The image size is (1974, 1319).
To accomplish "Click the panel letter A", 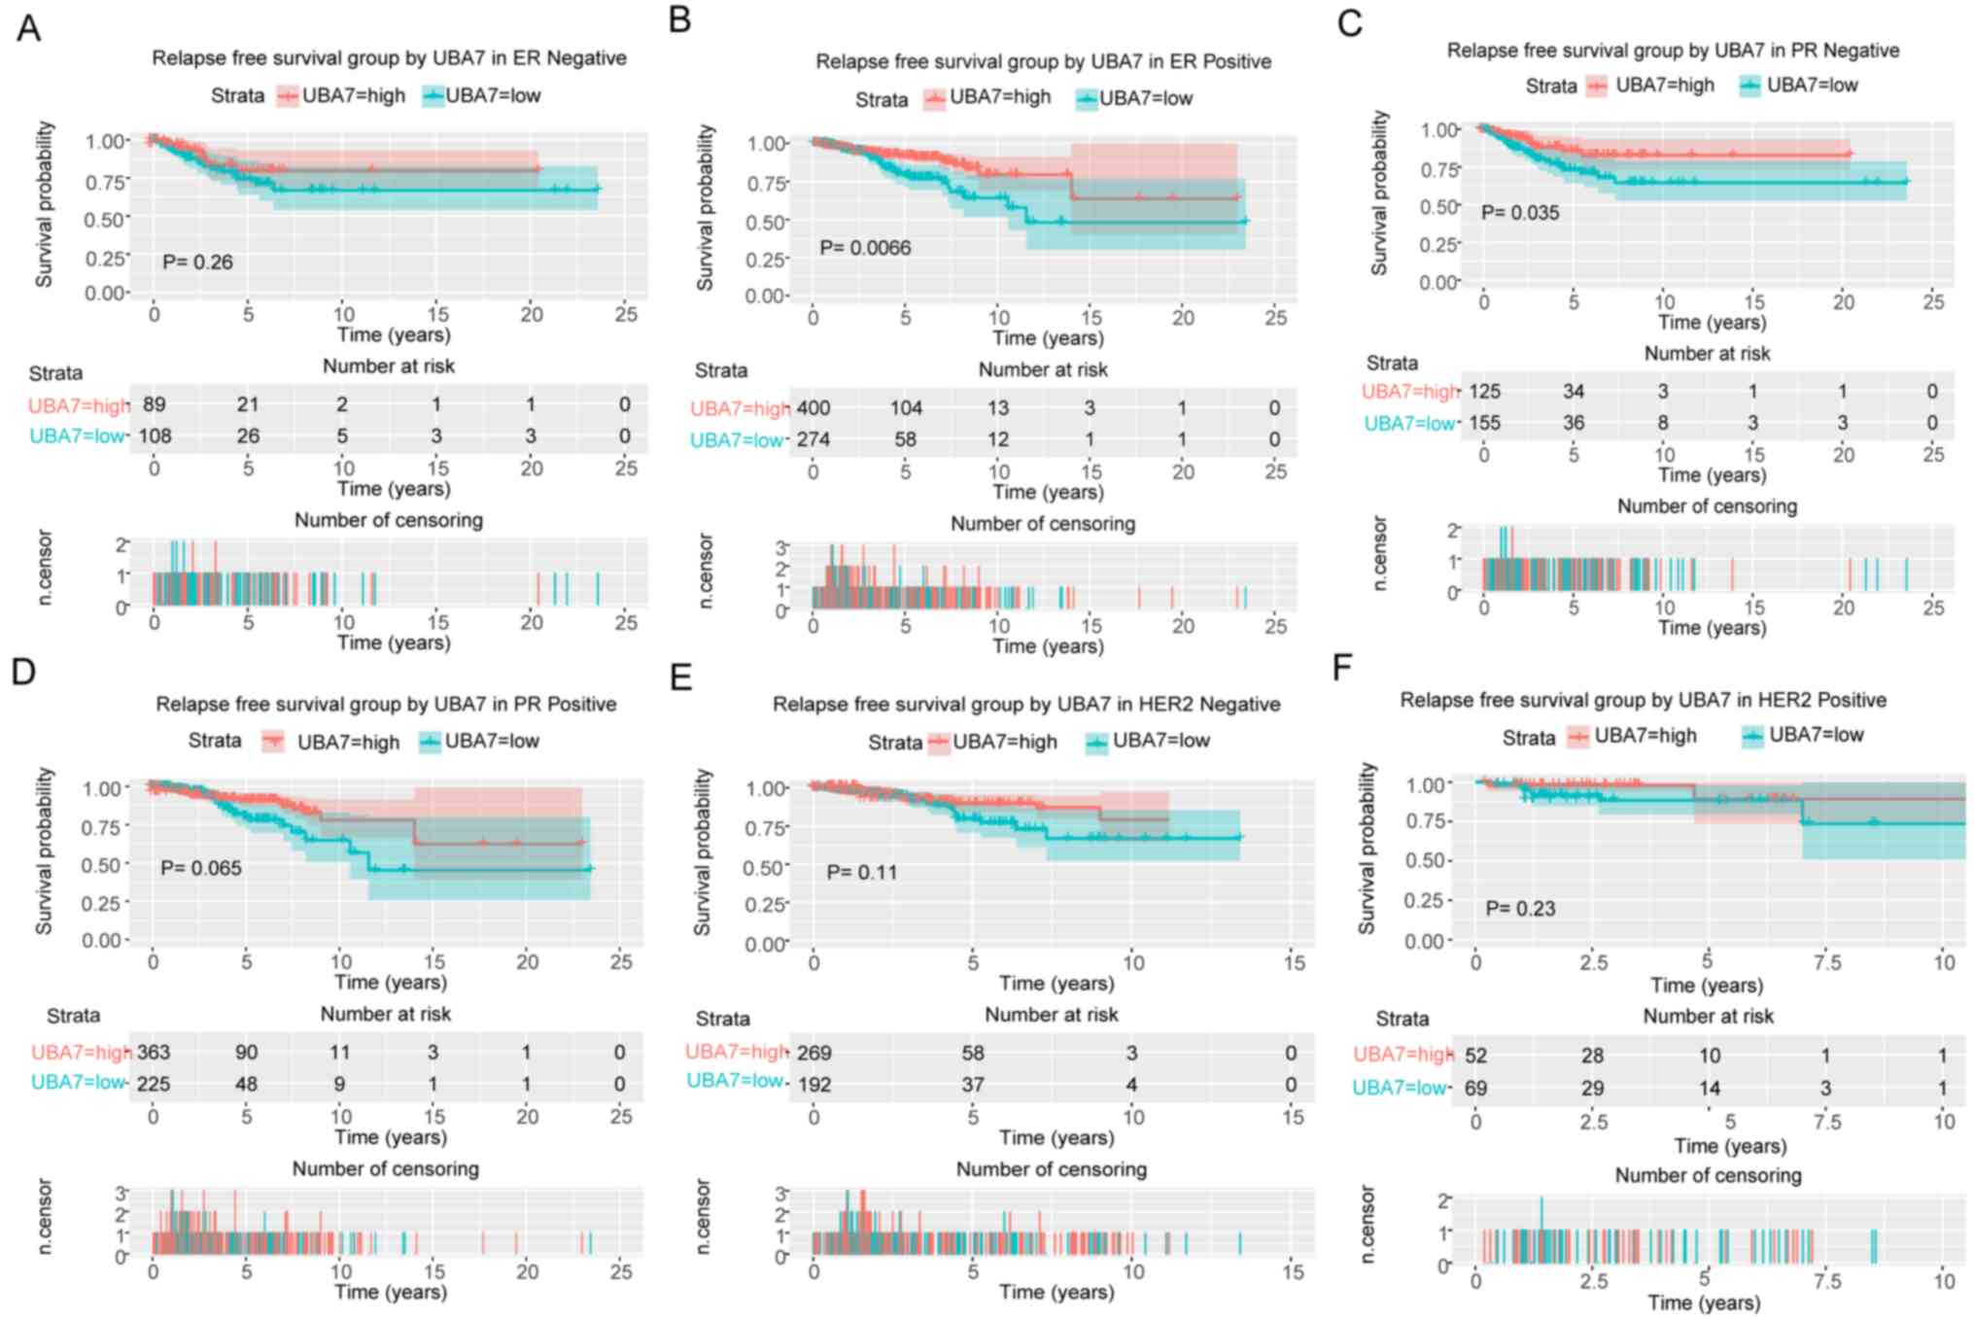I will tap(29, 28).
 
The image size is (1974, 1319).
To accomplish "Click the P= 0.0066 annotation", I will tap(865, 248).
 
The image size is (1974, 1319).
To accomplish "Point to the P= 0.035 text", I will tap(1520, 212).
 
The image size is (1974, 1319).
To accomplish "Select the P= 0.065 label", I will tap(201, 867).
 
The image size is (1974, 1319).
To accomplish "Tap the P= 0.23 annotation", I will tap(1520, 908).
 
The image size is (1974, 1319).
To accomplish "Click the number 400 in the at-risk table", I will tap(814, 407).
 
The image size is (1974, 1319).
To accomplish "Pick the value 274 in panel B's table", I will tap(814, 439).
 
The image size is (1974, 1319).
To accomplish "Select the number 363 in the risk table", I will tap(154, 1052).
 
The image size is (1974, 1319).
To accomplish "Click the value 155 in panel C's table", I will tap(1484, 423).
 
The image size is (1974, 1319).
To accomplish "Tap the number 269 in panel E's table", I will tap(814, 1053).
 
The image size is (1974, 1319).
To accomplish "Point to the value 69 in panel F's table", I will tap(1475, 1088).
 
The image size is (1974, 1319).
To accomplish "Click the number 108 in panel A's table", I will tap(155, 435).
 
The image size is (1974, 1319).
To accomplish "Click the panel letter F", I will tap(1342, 668).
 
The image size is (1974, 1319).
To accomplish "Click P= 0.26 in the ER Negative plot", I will tap(197, 261).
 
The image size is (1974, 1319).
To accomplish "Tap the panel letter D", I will tap(23, 672).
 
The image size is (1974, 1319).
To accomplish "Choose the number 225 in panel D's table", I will tap(154, 1084).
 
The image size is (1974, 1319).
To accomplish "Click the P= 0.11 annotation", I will tap(862, 872).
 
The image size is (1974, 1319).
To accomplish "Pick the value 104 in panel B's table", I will tap(906, 407).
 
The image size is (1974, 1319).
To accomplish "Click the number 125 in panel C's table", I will tap(1484, 391).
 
